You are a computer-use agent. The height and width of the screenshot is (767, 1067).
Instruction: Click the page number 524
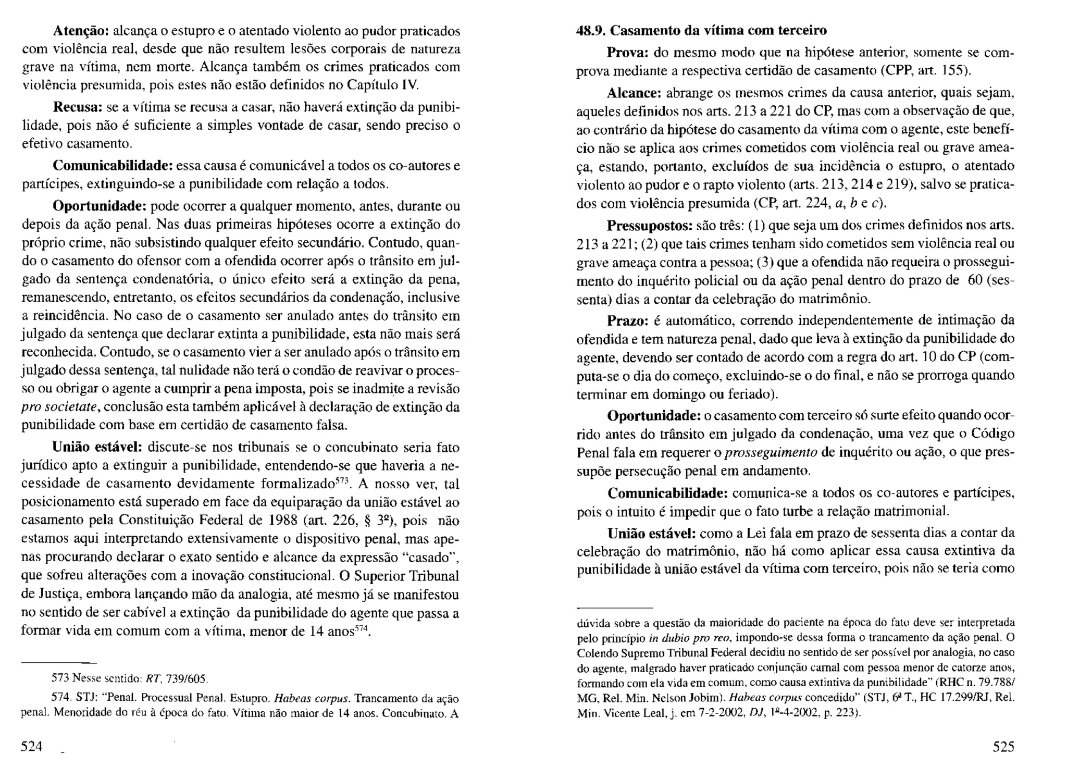coord(31,747)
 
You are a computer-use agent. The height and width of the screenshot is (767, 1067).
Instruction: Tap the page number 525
coord(1003,747)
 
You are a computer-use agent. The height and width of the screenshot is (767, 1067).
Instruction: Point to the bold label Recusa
coord(78,107)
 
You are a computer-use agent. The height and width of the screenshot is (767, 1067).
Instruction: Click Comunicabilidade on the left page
coord(113,166)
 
